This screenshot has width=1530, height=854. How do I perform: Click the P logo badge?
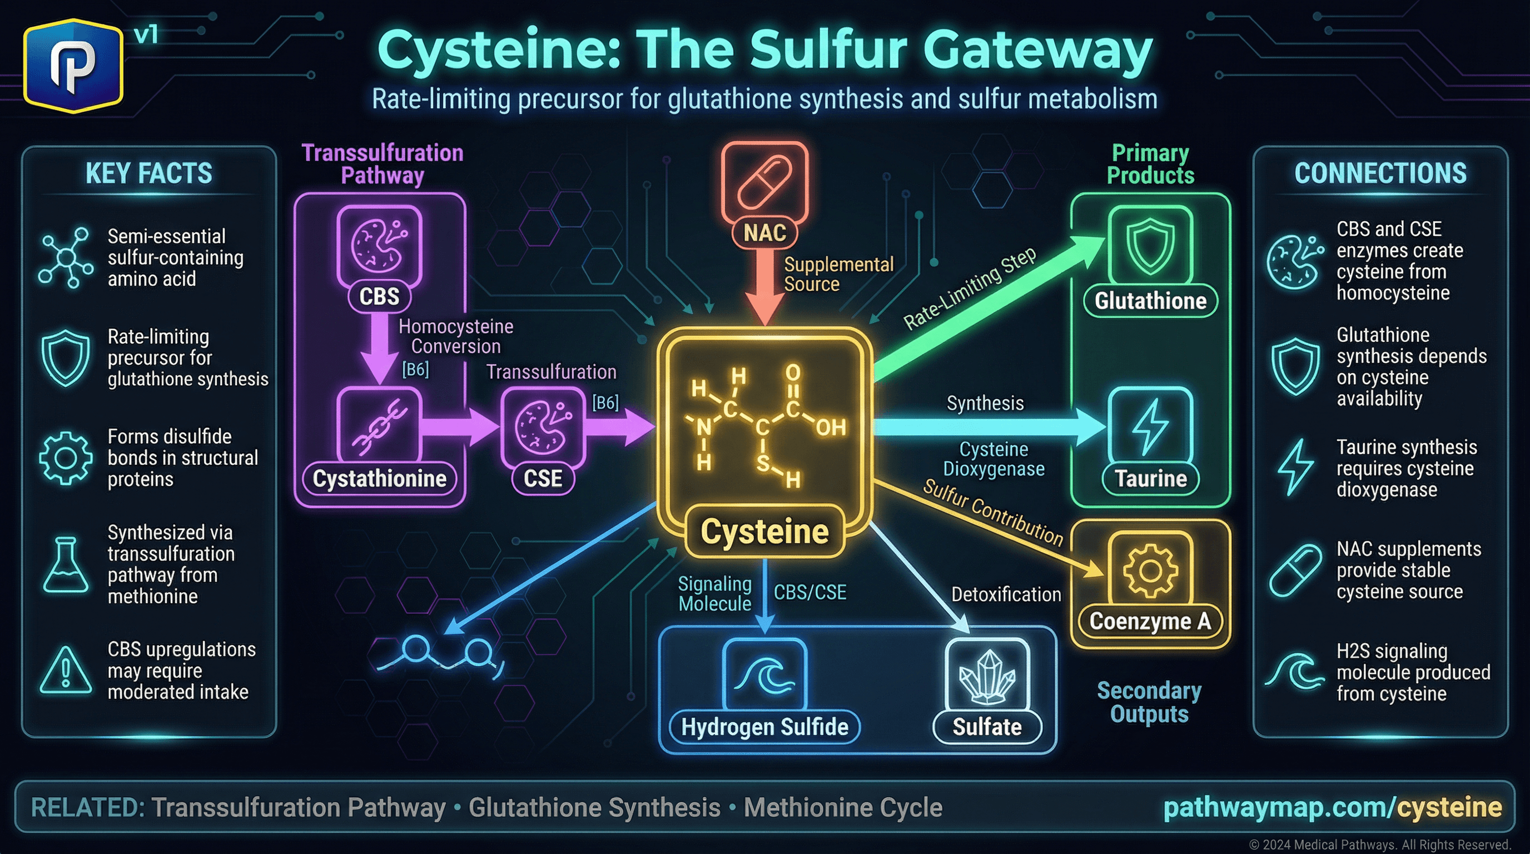[x=73, y=65]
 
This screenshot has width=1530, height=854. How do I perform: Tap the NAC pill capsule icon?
[x=764, y=181]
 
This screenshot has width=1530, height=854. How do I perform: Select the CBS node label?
[x=379, y=296]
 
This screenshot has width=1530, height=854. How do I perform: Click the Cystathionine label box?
[x=379, y=479]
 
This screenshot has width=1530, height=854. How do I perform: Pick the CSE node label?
[x=543, y=479]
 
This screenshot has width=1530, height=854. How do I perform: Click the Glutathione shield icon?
[x=1150, y=245]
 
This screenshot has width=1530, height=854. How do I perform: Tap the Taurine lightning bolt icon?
[x=1150, y=426]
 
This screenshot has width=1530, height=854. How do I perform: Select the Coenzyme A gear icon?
[x=1150, y=570]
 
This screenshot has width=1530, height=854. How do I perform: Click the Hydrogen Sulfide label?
[x=764, y=727]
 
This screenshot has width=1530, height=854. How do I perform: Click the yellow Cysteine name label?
[x=764, y=532]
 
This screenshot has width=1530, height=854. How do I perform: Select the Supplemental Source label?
[x=838, y=274]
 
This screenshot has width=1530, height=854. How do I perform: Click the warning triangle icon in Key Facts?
[x=66, y=671]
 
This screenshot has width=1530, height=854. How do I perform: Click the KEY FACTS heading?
[x=148, y=173]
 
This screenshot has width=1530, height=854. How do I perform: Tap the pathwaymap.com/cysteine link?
[x=1332, y=808]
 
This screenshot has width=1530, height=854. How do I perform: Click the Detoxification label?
[x=1006, y=594]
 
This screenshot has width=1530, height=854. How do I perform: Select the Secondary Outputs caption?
[x=1149, y=702]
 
